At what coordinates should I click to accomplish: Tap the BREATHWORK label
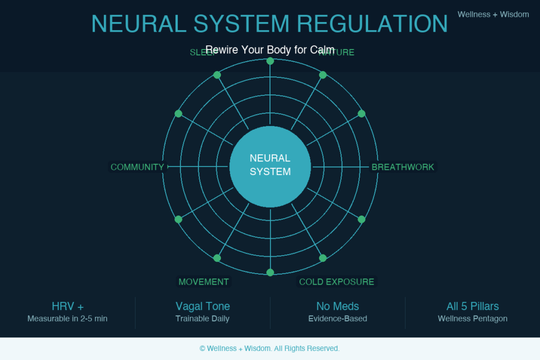point(403,167)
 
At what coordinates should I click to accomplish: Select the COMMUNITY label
point(137,167)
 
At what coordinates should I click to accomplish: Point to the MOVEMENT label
point(204,282)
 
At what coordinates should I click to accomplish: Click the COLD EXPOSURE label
point(336,282)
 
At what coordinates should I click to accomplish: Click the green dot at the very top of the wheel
point(270,61)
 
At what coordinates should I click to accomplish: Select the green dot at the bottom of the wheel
point(270,273)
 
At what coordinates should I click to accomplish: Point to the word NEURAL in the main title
point(138,24)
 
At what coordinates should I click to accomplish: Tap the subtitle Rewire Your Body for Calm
point(270,50)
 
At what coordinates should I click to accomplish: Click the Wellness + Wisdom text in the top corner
point(493,14)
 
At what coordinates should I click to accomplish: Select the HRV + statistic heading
point(67,306)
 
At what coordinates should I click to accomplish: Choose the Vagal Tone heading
point(202,306)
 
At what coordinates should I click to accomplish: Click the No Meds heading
point(337,306)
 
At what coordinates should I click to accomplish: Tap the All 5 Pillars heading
point(472,306)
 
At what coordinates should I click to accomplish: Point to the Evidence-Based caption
point(337,318)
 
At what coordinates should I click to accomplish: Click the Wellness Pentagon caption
point(472,318)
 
